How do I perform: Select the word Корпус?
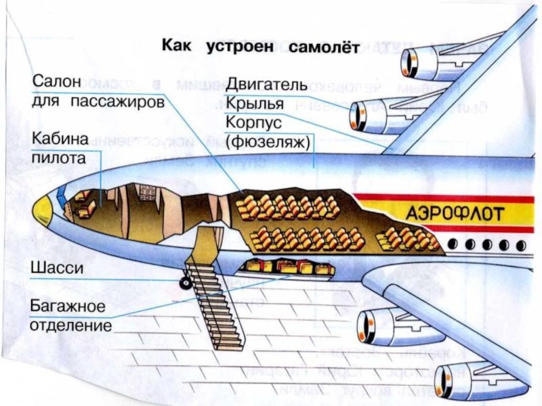pos(251,124)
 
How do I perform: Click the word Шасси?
pos(56,268)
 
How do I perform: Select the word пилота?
pos(59,159)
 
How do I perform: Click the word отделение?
pos(70,325)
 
